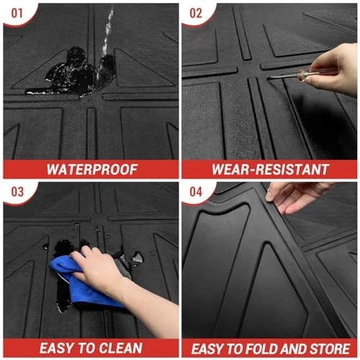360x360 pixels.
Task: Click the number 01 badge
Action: pos(17,13)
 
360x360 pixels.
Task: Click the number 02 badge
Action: pos(196,13)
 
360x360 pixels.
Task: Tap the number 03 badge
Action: pos(17,192)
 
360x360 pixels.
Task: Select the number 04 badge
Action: pos(196,192)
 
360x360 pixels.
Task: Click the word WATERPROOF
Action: pos(92,169)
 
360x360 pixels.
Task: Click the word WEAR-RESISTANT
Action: pos(270,169)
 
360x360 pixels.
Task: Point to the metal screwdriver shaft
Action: pos(283,76)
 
